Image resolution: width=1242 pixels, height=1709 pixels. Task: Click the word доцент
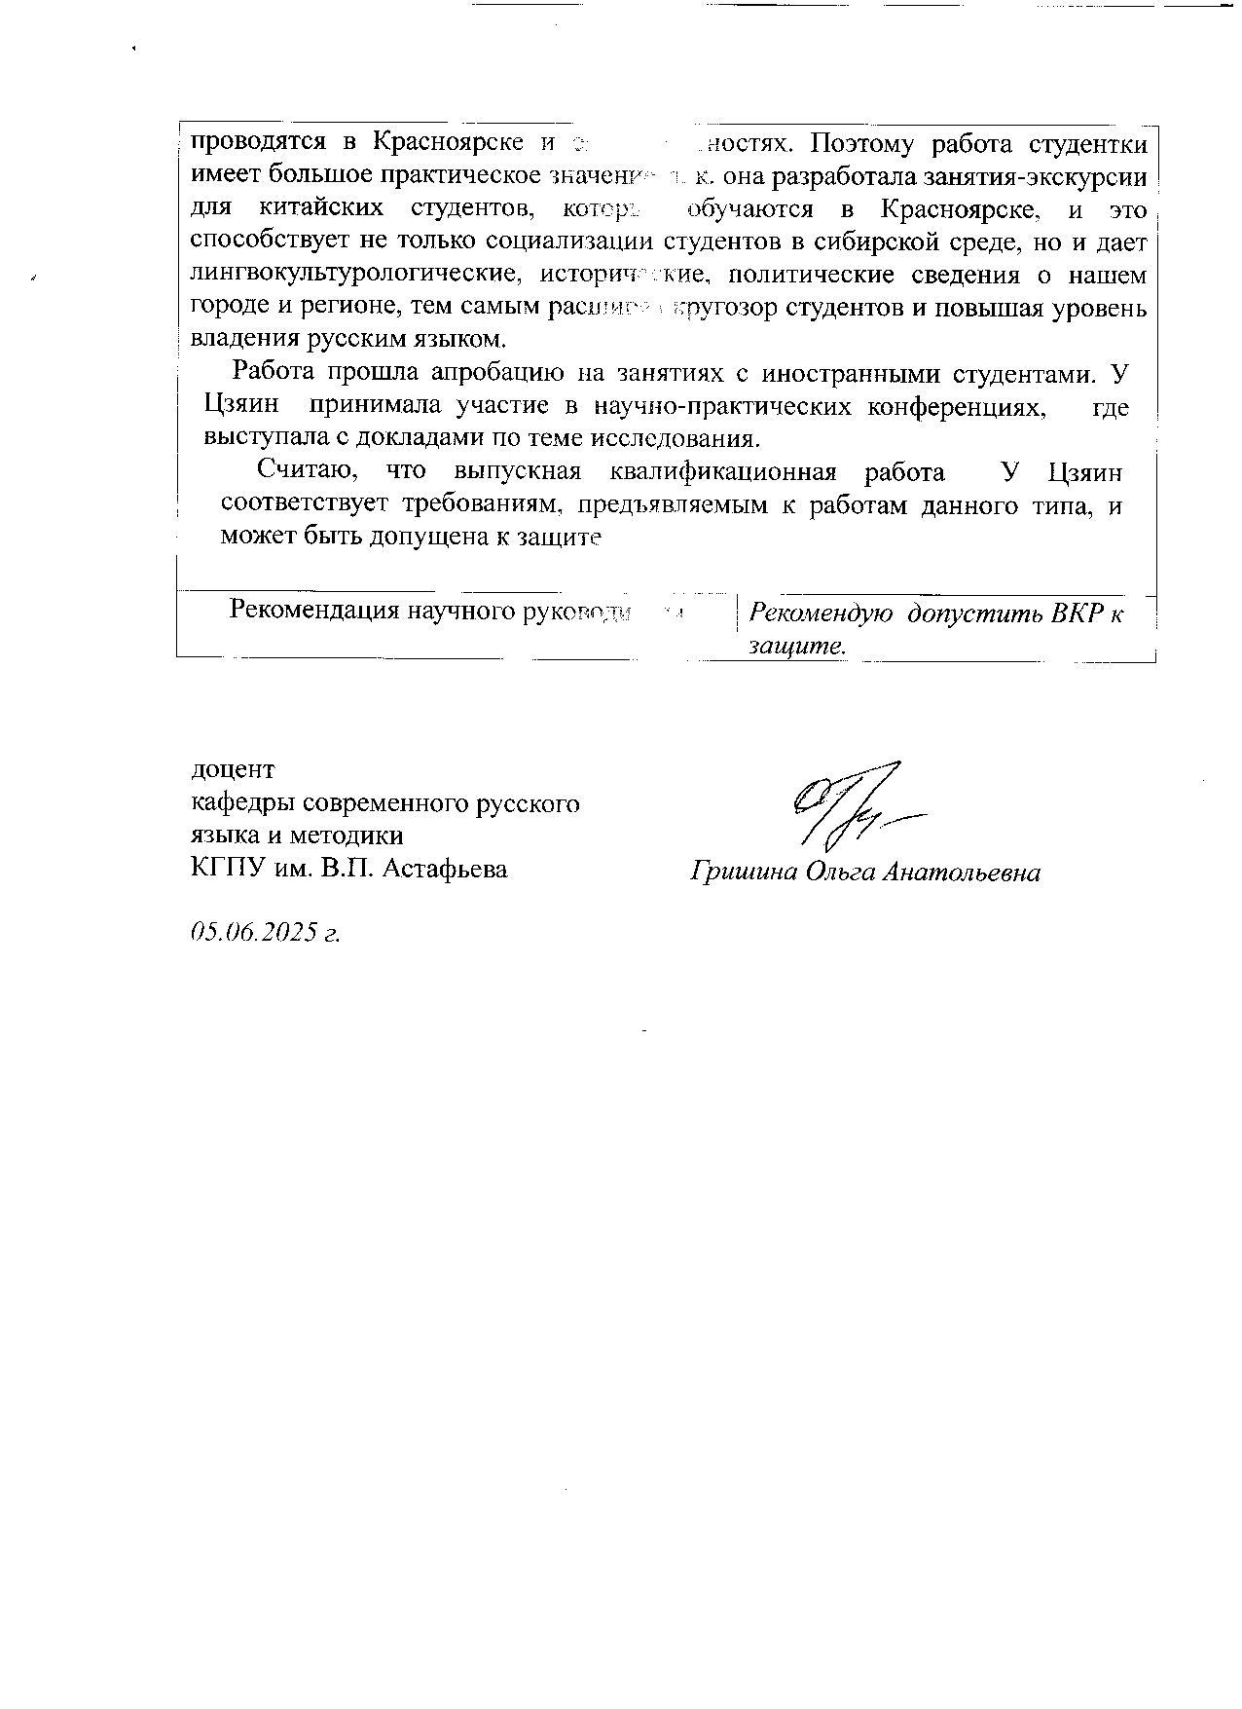click(x=233, y=769)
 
